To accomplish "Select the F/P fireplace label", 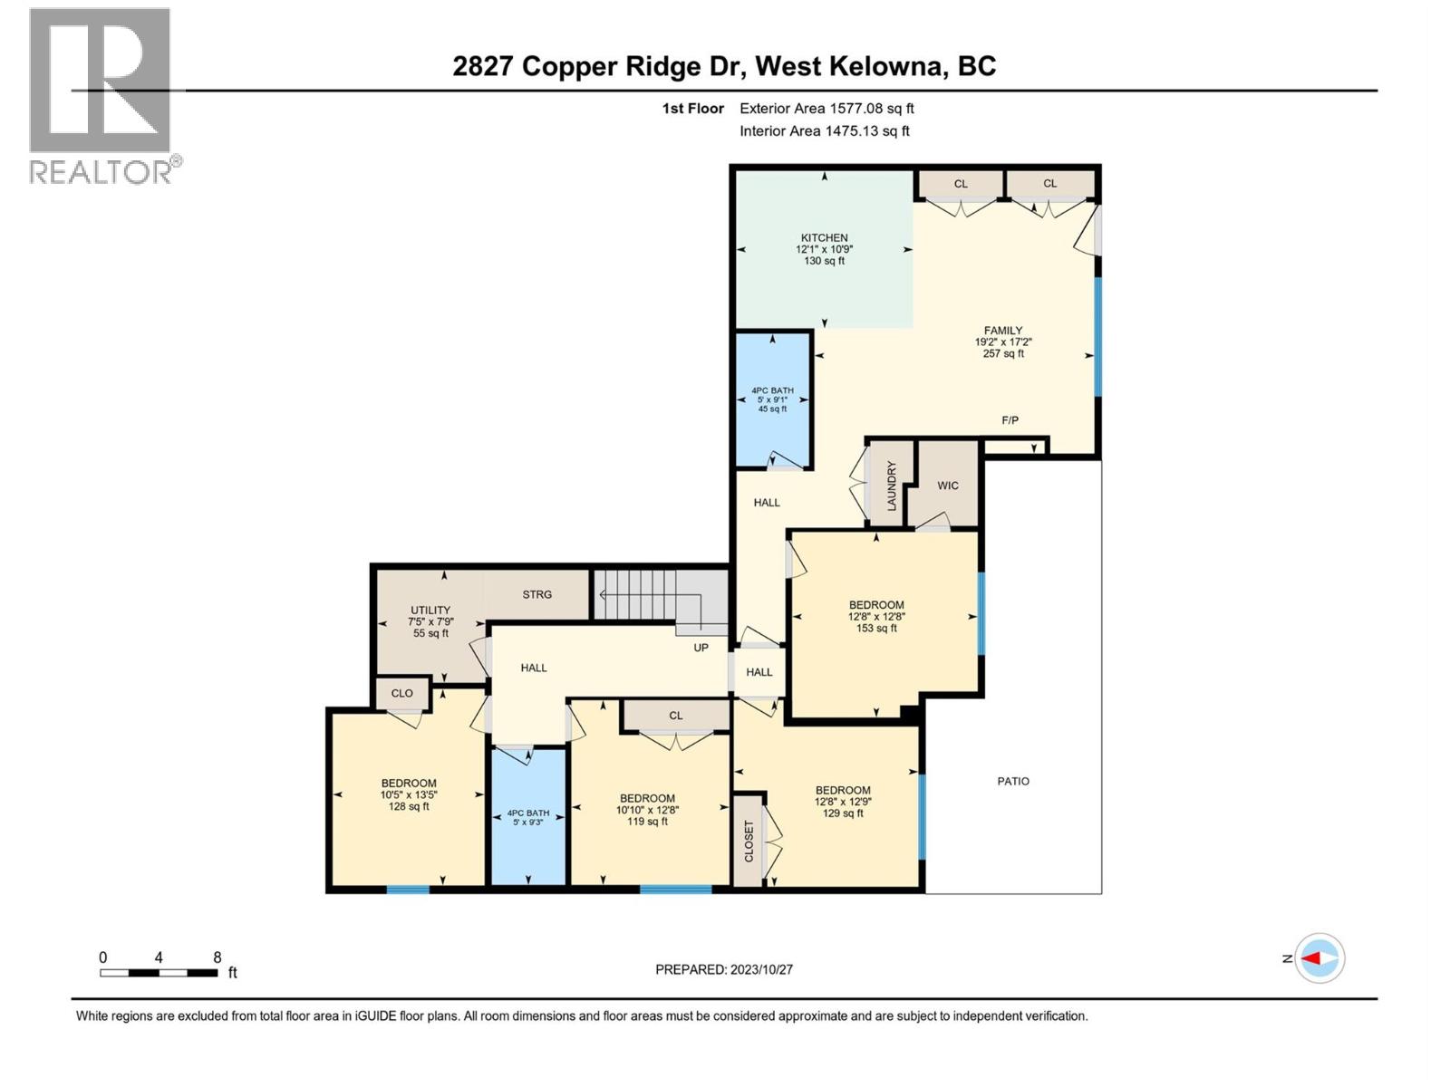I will [x=1010, y=420].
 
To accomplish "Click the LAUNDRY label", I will [x=891, y=486].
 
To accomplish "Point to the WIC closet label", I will [x=948, y=486].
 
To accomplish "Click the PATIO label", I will [x=1013, y=781].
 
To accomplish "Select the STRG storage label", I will [x=536, y=594].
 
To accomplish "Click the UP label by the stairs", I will [x=701, y=648].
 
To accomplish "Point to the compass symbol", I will [x=1319, y=957].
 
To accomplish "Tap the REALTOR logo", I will [x=101, y=95].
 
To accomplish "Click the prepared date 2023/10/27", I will [x=724, y=969].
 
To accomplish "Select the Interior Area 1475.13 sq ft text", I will [x=824, y=130].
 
